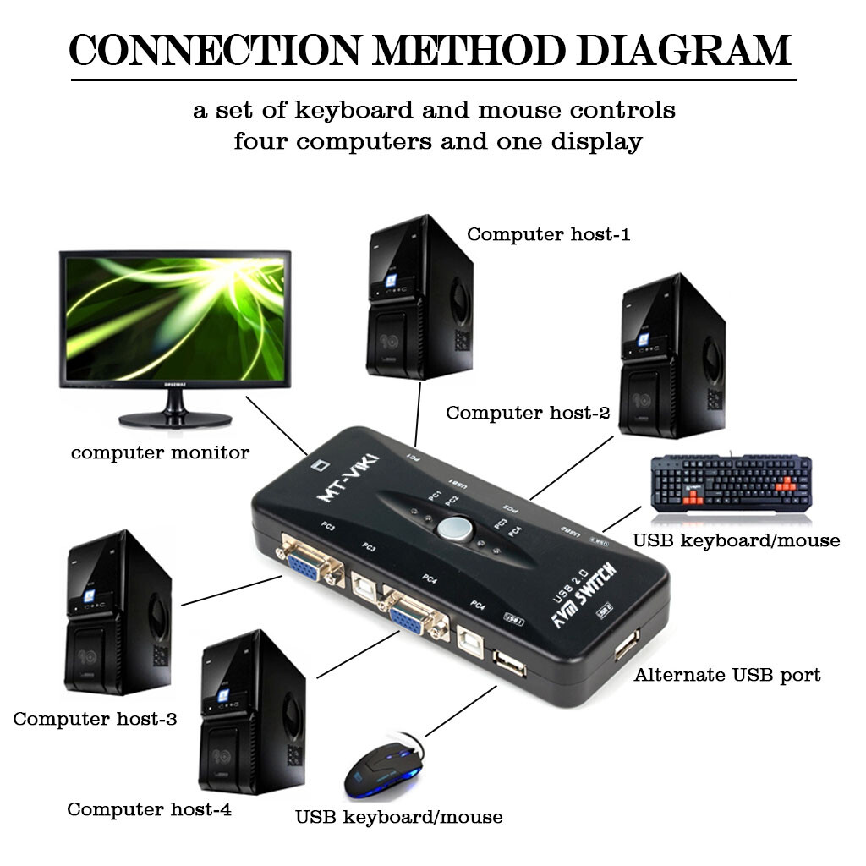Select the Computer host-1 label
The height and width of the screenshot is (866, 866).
(548, 234)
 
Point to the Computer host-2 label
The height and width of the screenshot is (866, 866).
(528, 413)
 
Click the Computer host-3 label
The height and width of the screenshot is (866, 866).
(95, 719)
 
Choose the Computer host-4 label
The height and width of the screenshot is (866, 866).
(149, 809)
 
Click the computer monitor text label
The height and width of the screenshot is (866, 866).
(160, 452)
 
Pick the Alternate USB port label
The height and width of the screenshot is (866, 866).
(727, 675)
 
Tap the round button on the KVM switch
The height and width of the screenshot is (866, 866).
(454, 528)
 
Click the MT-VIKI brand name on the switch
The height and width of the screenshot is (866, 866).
(348, 481)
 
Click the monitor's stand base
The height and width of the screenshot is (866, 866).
(176, 417)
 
